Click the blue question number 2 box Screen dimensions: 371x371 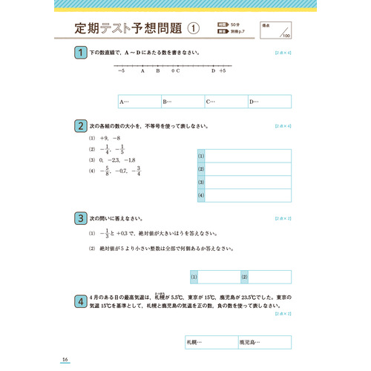pos(79,126)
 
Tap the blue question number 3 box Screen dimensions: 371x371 pos(79,218)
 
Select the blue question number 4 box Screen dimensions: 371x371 pos(79,301)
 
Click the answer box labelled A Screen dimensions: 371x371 pos(139,102)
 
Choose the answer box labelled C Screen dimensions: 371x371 pos(226,102)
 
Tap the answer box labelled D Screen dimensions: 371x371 pos(269,102)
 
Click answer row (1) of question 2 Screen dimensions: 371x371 pos(244,155)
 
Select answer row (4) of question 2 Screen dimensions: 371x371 pos(244,195)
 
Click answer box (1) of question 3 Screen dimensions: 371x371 pos(214,277)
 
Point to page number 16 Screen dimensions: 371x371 pos(66,360)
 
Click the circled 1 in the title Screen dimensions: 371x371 pos(193,30)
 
